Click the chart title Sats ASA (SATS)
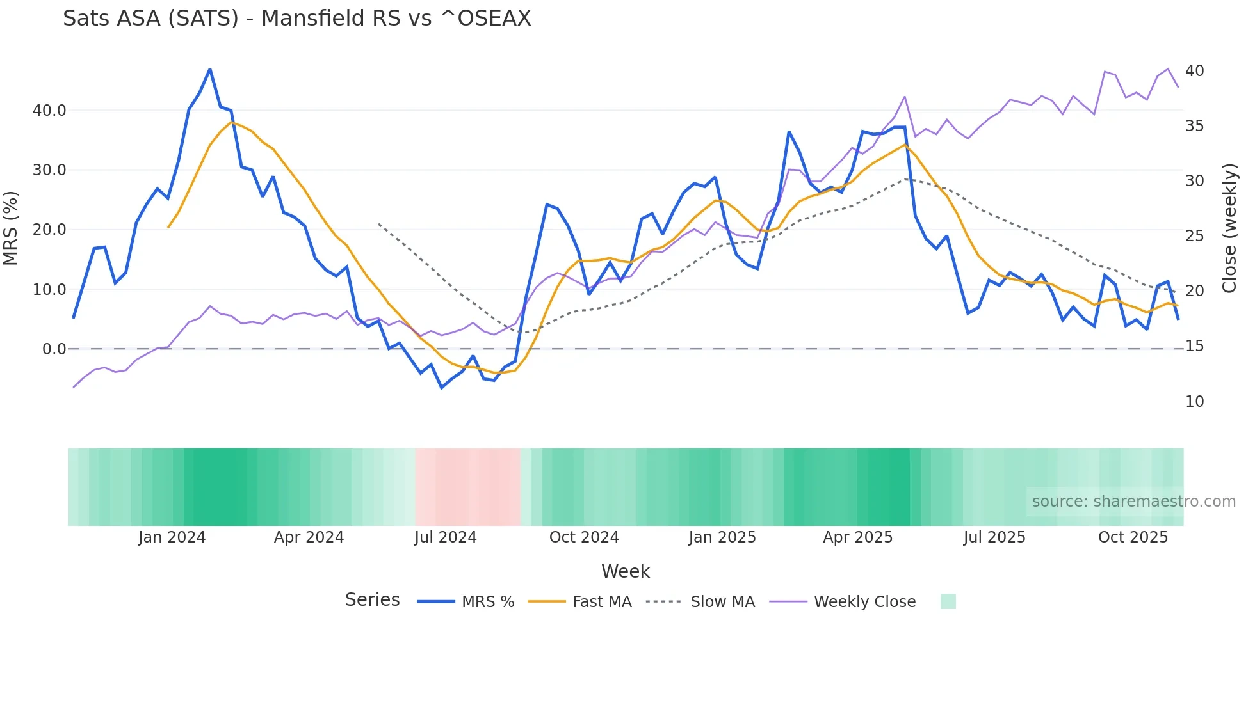(x=296, y=19)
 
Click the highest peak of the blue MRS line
(x=210, y=70)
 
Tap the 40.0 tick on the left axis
(x=49, y=111)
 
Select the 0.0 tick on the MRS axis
(x=54, y=349)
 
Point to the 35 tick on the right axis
(x=1194, y=126)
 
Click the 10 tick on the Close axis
(x=1194, y=402)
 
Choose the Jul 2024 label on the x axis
(x=446, y=537)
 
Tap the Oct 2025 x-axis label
(x=1133, y=537)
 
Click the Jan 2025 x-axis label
(x=722, y=537)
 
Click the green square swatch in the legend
(x=948, y=601)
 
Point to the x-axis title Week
(x=626, y=571)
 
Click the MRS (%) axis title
(x=11, y=228)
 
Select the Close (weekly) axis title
(x=1229, y=228)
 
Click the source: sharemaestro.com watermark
(x=1133, y=502)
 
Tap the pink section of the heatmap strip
(x=467, y=487)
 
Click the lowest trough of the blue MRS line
(x=442, y=388)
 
